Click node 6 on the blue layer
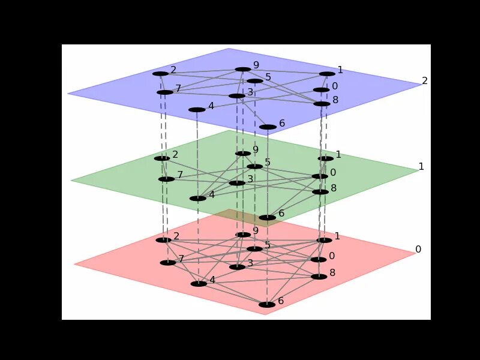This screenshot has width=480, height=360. click(268, 127)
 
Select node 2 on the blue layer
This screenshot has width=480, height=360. click(160, 74)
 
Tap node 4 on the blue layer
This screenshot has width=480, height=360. click(197, 110)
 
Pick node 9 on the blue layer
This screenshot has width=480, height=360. click(242, 69)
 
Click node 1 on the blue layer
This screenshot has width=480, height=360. click(327, 74)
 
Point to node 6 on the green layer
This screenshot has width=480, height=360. click(268, 217)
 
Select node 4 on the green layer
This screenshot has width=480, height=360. click(198, 198)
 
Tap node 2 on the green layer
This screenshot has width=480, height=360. click(162, 158)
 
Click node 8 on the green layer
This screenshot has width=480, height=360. click(320, 192)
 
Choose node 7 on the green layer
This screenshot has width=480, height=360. click(166, 179)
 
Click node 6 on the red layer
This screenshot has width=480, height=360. click(267, 305)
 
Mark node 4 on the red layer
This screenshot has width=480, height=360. click(199, 284)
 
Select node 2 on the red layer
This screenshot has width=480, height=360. click(163, 240)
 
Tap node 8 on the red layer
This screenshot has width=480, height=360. click(319, 277)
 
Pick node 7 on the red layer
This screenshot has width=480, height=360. click(168, 263)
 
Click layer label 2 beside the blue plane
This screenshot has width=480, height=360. click(425, 80)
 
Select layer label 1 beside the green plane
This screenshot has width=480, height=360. click(421, 166)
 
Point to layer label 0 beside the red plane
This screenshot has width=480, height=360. click(418, 249)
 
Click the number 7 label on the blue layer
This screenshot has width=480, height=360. click(178, 89)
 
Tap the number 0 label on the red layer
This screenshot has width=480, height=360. click(332, 256)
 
